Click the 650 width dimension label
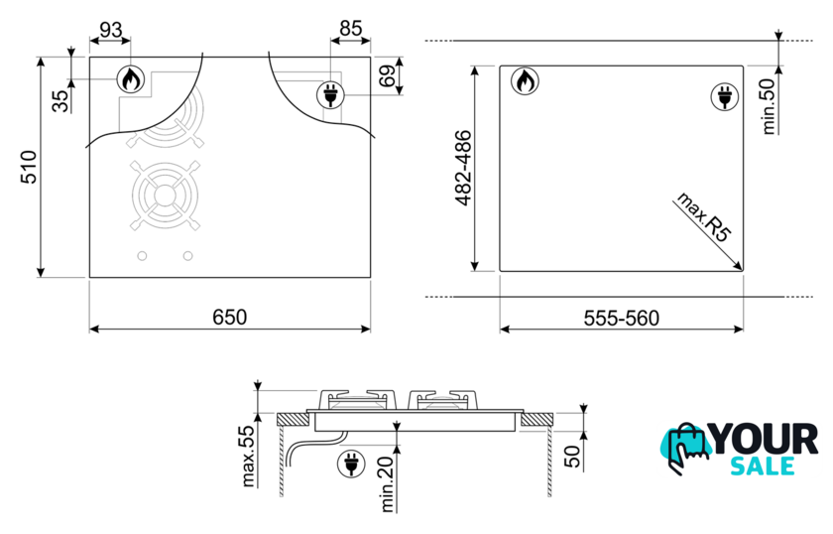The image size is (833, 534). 229,317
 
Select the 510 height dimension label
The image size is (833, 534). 29,167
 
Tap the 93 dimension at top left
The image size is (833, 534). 110,30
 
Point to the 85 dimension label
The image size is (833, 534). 351,28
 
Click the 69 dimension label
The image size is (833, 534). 388,75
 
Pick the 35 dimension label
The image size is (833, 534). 61,101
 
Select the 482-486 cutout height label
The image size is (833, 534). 464,168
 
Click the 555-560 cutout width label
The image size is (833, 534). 621,318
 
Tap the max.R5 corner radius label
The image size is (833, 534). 703,217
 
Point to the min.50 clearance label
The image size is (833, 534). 769,106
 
